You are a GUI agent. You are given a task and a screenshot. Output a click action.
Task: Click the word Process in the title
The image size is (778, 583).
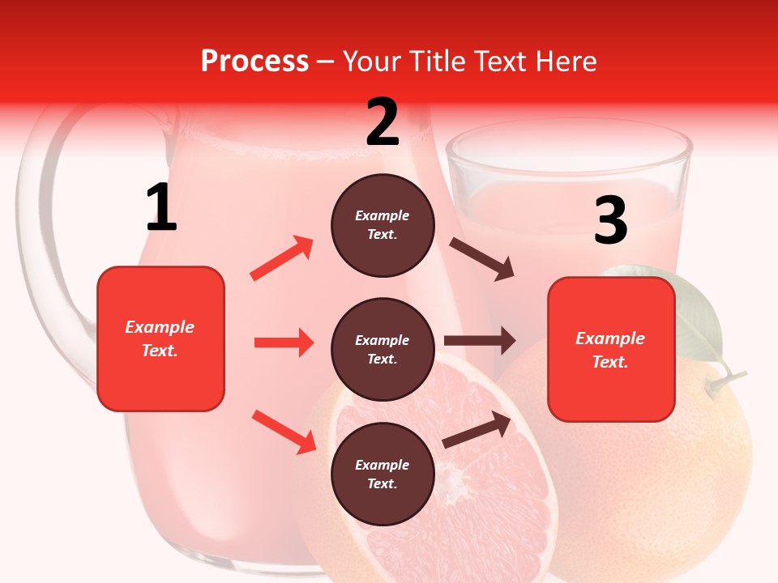[254, 62]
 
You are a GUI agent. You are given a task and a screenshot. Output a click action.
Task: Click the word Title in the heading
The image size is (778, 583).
[432, 62]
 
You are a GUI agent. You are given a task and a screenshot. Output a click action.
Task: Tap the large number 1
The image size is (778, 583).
[161, 208]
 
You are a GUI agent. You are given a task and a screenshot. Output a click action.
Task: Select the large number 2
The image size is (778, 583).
[383, 122]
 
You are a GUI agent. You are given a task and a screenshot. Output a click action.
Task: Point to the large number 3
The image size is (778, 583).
[610, 221]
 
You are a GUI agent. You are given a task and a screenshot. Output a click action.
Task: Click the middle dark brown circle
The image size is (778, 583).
[383, 349]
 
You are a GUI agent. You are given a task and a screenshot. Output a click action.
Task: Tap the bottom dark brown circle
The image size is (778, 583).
[383, 474]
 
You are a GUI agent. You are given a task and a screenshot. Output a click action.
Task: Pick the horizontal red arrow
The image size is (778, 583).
[284, 343]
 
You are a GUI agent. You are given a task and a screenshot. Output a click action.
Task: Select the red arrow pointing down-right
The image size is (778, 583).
[284, 432]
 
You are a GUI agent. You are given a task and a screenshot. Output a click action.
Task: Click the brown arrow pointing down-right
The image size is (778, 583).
[482, 259]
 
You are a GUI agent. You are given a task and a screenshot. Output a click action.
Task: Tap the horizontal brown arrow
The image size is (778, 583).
[480, 341]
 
